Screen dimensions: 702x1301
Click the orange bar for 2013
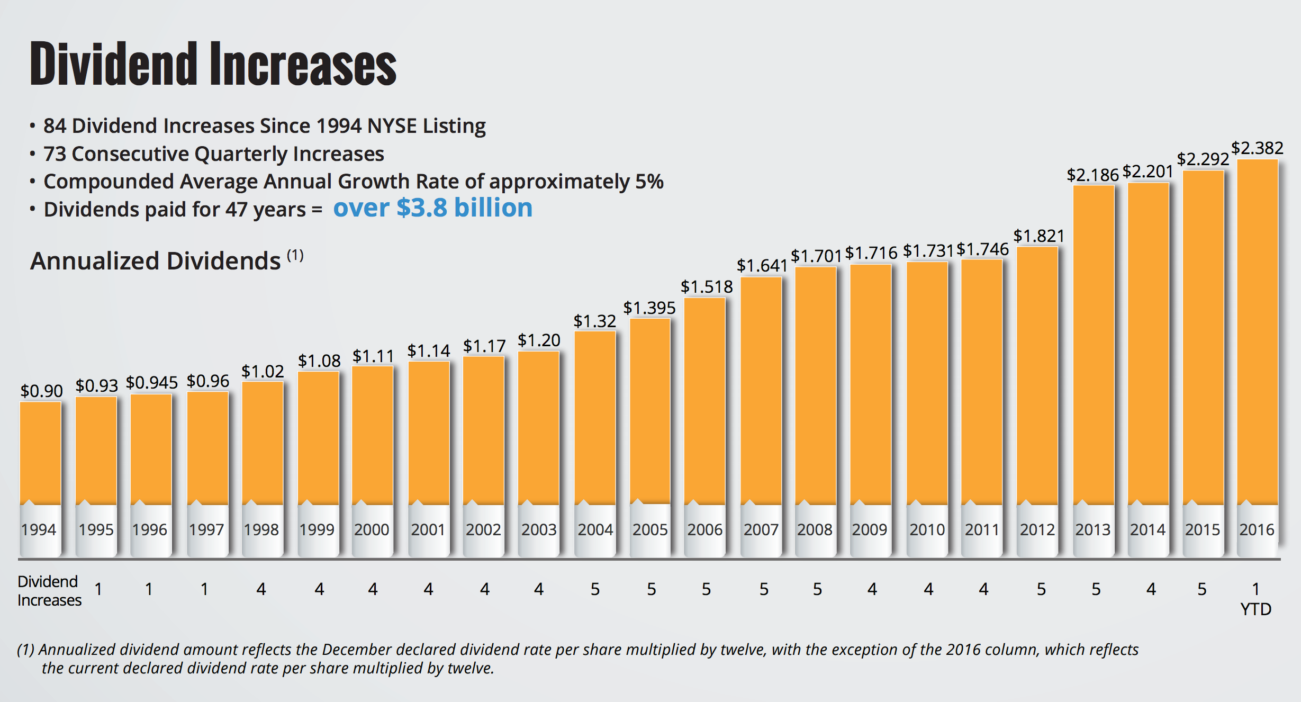[x=1094, y=344]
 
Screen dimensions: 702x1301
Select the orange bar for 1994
[x=40, y=453]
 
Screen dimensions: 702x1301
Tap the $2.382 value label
[x=1257, y=148]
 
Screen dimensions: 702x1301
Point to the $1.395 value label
[x=649, y=308]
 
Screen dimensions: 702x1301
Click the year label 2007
[x=761, y=529]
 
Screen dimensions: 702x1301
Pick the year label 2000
[x=372, y=529]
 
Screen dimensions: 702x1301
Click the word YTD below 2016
[x=1255, y=609]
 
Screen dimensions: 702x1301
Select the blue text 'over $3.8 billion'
[x=432, y=208]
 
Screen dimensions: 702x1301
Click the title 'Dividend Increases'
[x=213, y=64]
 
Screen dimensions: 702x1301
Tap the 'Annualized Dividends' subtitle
[x=155, y=261]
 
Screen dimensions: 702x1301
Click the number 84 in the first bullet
[x=55, y=126]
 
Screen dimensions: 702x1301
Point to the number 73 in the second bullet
[x=55, y=154]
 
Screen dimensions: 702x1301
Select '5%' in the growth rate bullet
[x=649, y=182]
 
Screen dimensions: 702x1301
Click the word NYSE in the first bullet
[x=392, y=126]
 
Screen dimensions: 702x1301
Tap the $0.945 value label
[x=151, y=383]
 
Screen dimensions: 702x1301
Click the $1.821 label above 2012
[x=1038, y=236]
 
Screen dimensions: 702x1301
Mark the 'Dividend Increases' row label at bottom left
[x=49, y=591]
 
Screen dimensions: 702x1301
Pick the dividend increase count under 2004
[x=595, y=589]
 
